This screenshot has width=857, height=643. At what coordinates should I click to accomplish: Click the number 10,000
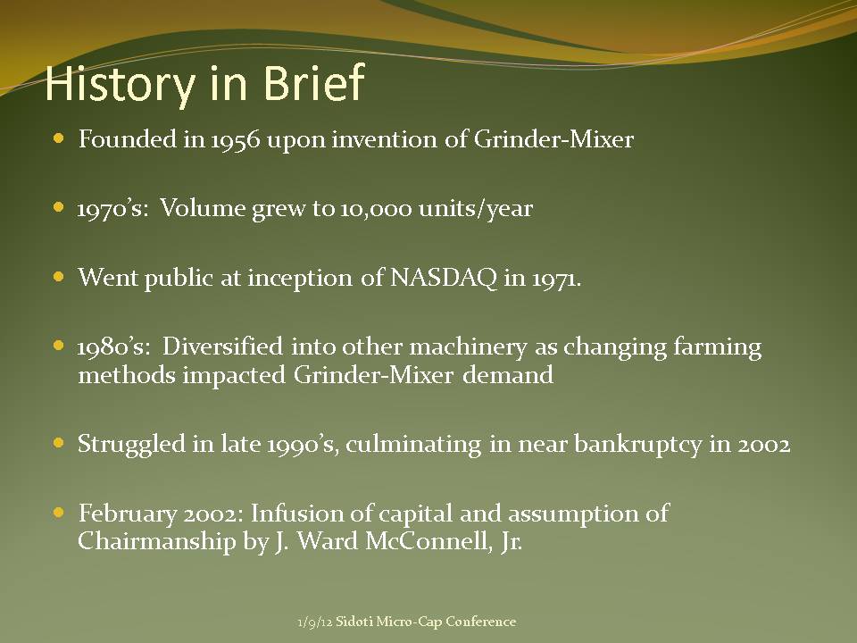[x=376, y=209]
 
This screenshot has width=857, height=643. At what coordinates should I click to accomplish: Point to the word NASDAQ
[x=444, y=278]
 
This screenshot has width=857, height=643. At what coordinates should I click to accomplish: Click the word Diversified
[x=222, y=347]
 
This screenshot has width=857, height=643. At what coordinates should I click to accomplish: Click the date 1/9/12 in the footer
[x=315, y=622]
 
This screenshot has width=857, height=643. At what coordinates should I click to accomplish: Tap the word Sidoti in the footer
[x=354, y=622]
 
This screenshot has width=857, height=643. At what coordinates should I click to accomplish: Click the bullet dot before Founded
[x=59, y=138]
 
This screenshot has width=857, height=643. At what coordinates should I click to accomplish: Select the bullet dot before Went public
[x=59, y=277]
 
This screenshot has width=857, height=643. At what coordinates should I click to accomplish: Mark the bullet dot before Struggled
[x=59, y=442]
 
